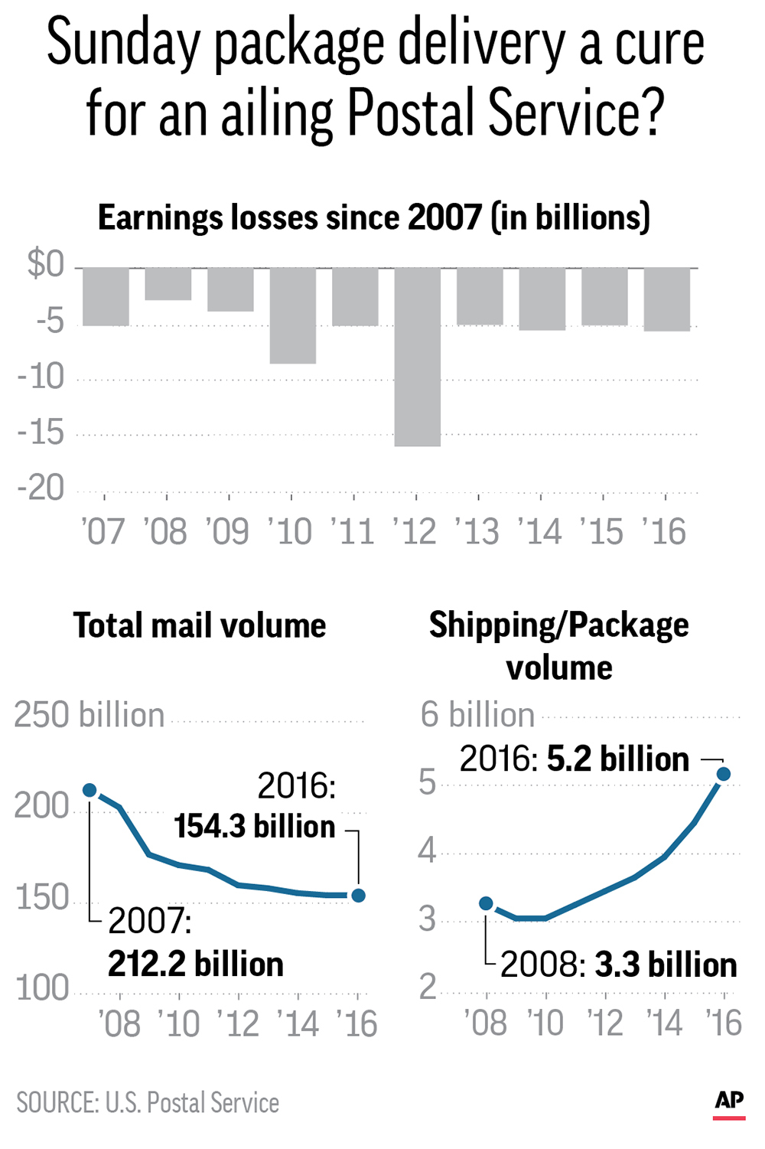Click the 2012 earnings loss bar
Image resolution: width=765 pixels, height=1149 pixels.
418,357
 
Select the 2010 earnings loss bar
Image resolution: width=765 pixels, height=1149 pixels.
293,315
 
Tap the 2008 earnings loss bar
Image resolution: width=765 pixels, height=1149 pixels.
168,284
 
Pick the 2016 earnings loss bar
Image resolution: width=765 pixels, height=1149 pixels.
667,299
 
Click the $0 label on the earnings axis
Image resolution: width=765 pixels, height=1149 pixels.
46,264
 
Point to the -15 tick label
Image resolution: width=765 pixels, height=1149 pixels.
41,432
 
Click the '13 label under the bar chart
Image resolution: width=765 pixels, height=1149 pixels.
477,531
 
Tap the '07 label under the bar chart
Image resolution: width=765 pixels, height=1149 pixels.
103,531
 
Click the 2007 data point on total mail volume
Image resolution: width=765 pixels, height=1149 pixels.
90,790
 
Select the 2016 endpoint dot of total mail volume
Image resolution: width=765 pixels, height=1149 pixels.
358,896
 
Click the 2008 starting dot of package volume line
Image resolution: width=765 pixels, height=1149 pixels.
486,903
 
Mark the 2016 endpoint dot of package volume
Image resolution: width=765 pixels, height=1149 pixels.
724,774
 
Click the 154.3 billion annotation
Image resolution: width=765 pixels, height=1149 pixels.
254,827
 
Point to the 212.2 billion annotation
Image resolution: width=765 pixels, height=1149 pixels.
195,965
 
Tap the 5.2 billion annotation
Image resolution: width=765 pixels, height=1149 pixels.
618,759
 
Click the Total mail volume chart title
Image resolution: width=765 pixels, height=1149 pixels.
200,626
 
